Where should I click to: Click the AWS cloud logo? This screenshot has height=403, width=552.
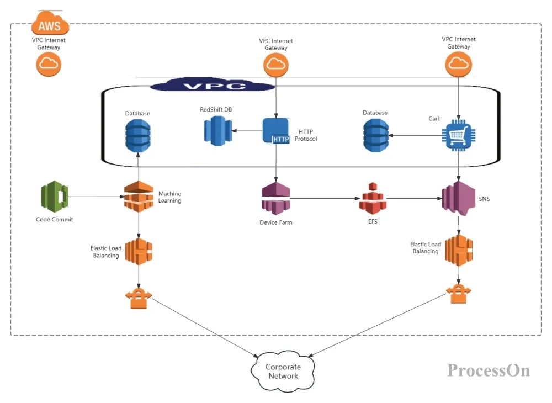point(51,24)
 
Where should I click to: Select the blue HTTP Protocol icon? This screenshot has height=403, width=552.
point(275,131)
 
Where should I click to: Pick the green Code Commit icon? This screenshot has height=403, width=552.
point(54,197)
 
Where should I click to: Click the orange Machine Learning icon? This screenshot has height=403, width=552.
point(138,197)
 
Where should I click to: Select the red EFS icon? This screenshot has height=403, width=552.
point(373,199)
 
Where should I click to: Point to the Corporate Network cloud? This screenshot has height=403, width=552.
point(283,372)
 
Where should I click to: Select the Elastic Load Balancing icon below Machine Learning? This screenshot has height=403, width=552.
point(138,252)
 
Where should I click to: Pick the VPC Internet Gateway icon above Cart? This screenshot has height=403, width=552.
point(459,65)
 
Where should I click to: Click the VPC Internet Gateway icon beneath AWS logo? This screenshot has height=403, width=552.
point(49,64)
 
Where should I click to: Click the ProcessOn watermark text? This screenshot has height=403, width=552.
point(488,370)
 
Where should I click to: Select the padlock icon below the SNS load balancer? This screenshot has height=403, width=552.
point(458,293)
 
